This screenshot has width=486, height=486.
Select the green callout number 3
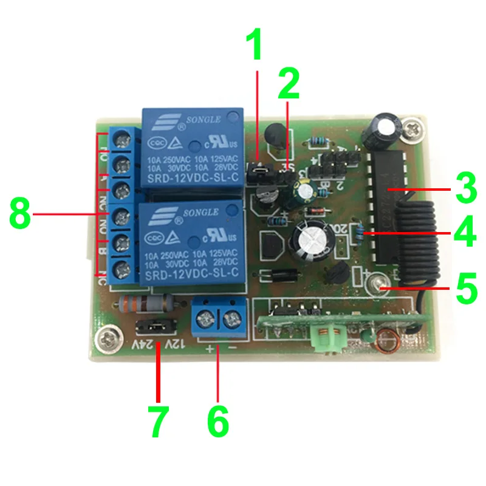(x=464, y=189)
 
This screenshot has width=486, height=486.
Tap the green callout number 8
(x=20, y=214)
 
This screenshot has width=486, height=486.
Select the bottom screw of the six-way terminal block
(x=123, y=267)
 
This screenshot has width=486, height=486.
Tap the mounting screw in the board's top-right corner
(x=414, y=128)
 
